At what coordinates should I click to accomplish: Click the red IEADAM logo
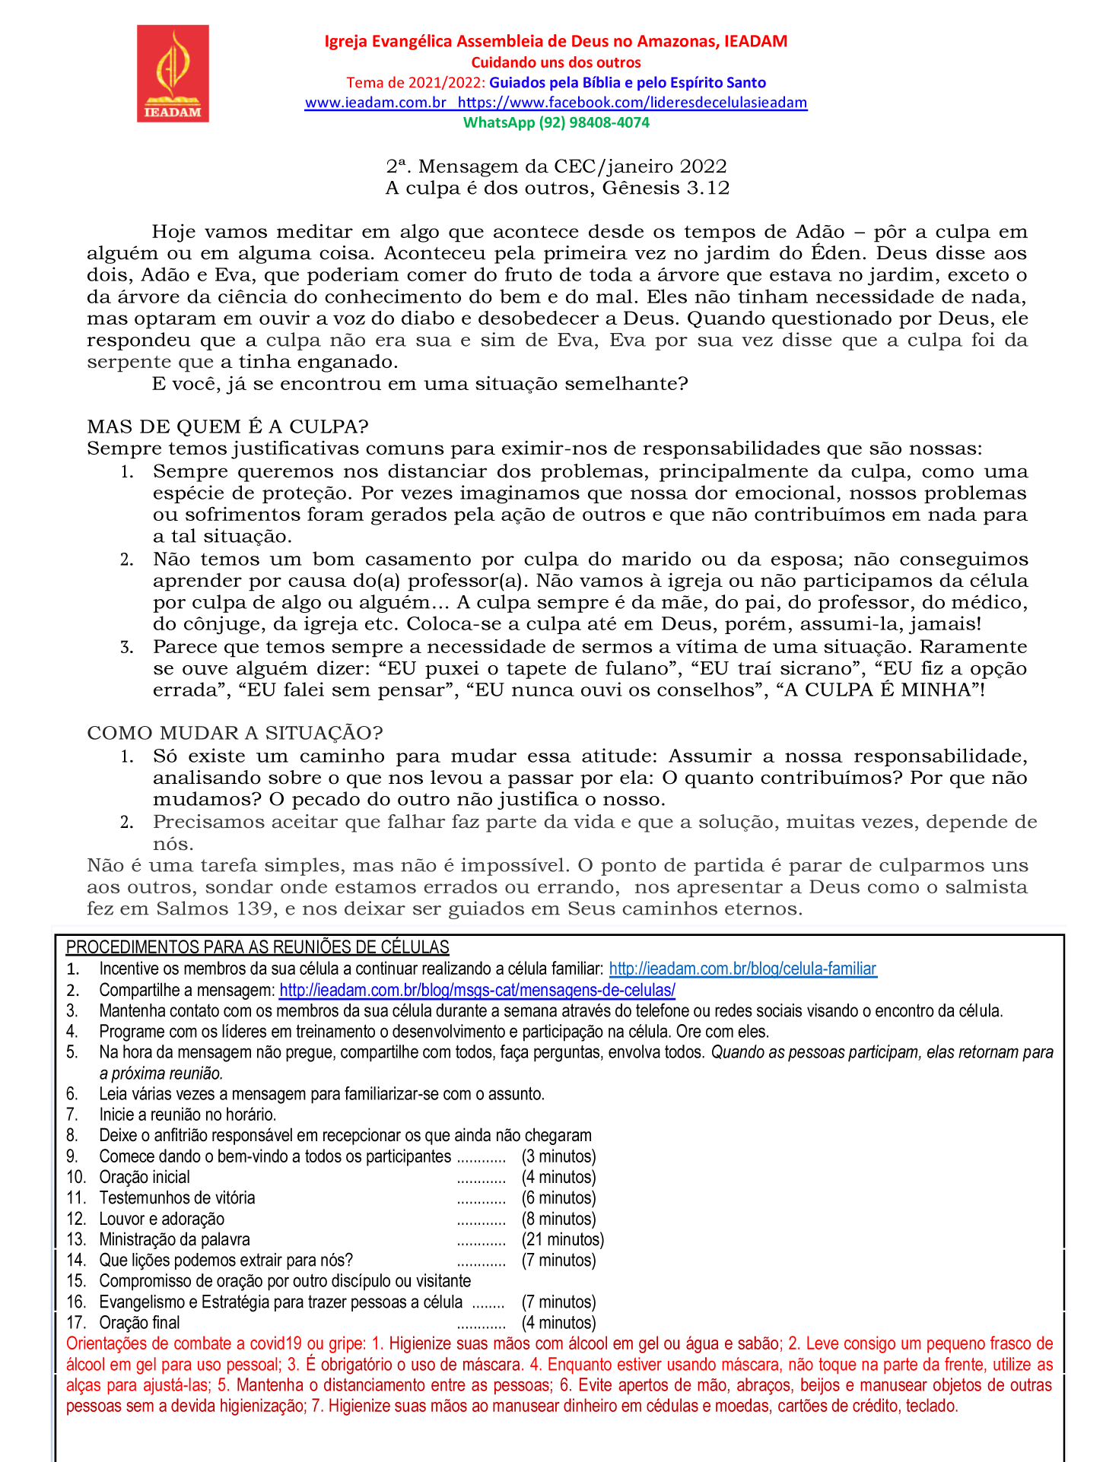tap(173, 73)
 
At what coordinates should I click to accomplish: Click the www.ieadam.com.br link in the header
tap(375, 103)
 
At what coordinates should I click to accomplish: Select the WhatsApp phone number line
tap(556, 122)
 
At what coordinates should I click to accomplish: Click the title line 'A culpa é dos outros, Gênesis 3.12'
tap(557, 188)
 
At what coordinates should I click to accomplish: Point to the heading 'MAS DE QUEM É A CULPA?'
tap(227, 427)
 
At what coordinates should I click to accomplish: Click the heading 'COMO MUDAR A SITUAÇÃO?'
tap(235, 733)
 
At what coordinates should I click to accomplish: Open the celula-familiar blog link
tap(742, 969)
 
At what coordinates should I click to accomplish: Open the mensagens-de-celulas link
tap(477, 990)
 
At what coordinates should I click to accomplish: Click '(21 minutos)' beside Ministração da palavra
tap(562, 1239)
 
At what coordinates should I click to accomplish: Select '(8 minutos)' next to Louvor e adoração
tap(558, 1219)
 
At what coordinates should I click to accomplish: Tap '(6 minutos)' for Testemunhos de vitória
tap(558, 1197)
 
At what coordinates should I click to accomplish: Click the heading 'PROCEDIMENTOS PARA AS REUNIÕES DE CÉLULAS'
tap(257, 947)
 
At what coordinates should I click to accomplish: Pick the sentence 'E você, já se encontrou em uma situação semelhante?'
tap(419, 383)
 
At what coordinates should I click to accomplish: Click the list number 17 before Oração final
tap(75, 1322)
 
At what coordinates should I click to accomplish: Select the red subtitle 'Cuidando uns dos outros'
tap(556, 62)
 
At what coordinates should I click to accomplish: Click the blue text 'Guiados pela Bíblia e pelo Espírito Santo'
tap(627, 82)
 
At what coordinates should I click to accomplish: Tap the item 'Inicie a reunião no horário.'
tap(187, 1115)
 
